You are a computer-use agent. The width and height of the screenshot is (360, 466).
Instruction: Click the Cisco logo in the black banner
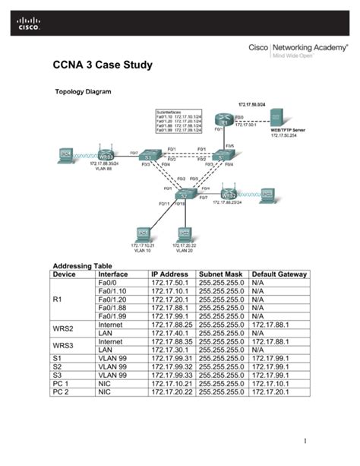coord(26,25)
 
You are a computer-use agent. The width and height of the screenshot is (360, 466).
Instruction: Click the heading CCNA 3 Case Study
coord(102,66)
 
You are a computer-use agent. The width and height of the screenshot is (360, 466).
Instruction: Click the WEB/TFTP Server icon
coord(278,118)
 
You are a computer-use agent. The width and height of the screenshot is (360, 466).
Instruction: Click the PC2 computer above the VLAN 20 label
coord(183,233)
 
